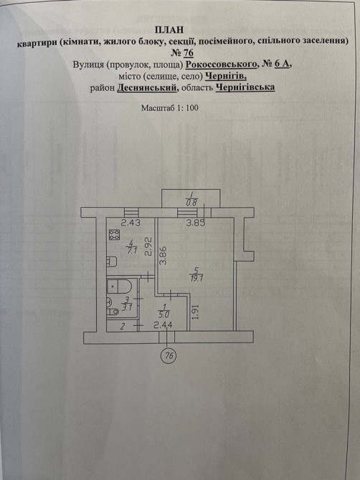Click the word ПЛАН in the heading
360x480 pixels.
point(169,29)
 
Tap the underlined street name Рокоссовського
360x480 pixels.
point(221,64)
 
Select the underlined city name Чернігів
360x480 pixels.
point(226,76)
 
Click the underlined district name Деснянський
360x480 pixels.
point(147,87)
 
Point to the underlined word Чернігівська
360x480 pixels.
point(245,87)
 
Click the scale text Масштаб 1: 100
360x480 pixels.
point(169,107)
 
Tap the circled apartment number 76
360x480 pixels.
point(169,355)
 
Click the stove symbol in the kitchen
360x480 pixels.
point(114,235)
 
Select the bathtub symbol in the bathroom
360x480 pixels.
point(119,286)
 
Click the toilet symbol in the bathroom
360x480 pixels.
point(113,312)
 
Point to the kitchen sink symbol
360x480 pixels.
point(112,261)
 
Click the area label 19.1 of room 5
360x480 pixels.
point(196,279)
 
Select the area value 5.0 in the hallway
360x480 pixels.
point(164,314)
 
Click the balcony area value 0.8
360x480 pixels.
point(191,202)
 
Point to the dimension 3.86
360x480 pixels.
point(163,255)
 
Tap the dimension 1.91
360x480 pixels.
point(196,312)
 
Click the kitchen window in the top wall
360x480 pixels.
point(131,213)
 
